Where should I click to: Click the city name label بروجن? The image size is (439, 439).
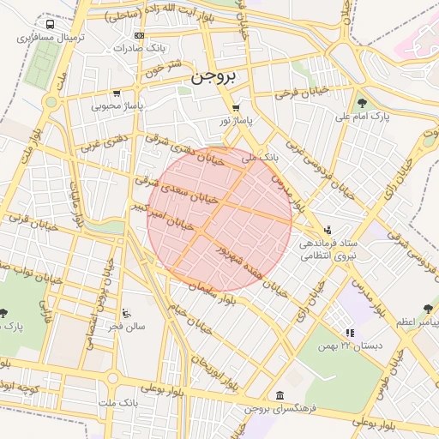coord(213,75)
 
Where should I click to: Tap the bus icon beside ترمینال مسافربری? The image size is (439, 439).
coord(50,25)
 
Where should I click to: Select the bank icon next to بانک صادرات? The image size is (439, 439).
coord(140,35)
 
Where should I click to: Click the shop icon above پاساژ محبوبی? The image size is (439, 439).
coord(117,93)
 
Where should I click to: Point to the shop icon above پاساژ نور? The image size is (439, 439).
coord(236,108)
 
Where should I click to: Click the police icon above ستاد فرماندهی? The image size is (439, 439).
coord(328,229)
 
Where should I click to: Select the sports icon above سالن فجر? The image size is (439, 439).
coord(127,313)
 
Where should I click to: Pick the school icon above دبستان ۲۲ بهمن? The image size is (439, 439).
coord(349,333)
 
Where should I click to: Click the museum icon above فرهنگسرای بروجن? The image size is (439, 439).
coord(280,395)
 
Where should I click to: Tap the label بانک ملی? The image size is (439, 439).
coord(260,159)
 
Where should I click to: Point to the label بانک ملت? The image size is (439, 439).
coord(117,401)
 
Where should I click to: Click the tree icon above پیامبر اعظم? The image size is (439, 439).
coord(428,308)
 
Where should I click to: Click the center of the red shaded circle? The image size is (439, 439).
coord(219,219)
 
